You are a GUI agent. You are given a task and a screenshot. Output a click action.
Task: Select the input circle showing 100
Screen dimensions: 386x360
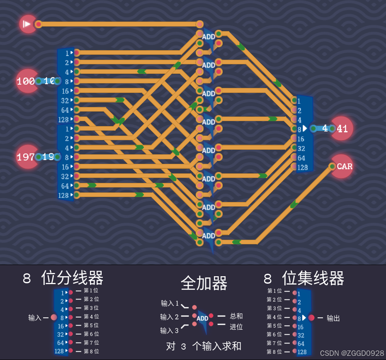point(26,81)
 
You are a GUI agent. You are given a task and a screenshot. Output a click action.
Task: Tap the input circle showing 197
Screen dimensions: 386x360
point(26,157)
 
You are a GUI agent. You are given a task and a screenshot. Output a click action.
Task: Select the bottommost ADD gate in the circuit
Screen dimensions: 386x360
point(209,236)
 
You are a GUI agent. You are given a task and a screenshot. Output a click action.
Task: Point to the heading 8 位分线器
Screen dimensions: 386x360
point(63,278)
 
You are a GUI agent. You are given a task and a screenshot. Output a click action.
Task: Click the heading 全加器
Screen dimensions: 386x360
point(204,284)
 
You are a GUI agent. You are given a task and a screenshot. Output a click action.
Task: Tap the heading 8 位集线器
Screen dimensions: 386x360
point(304,278)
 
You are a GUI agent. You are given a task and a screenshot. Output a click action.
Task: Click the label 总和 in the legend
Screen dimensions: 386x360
point(236,316)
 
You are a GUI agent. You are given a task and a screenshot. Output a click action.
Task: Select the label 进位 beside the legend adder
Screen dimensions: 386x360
point(236,327)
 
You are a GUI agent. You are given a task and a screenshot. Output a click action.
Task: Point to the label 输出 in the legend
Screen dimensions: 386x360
point(333,318)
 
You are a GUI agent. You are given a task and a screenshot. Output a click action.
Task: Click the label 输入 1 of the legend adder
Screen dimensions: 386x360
point(170,304)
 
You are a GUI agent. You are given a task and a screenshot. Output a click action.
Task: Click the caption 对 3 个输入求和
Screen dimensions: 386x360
point(204,346)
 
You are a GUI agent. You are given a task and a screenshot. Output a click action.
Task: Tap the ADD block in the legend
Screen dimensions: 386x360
point(202,319)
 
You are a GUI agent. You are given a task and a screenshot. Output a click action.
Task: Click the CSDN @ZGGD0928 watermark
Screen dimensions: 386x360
point(352,353)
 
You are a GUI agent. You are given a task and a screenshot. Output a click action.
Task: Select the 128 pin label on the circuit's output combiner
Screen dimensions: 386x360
point(302,167)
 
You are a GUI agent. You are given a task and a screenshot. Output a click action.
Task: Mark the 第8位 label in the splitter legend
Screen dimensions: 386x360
point(91,351)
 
